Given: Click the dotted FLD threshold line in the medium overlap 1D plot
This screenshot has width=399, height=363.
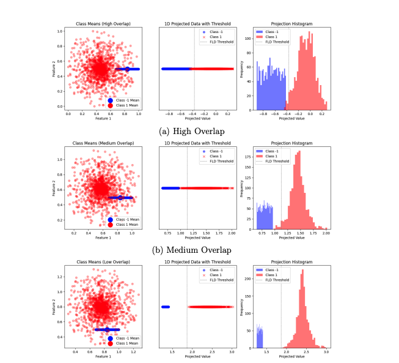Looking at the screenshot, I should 187,184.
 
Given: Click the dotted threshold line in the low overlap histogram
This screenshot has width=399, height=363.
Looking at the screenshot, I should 281,306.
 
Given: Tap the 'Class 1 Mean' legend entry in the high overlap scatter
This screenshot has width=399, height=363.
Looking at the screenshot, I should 125,106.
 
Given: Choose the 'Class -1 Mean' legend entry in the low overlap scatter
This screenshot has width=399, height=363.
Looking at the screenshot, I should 125,338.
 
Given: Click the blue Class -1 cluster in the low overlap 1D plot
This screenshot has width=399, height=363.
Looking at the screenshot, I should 165,307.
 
